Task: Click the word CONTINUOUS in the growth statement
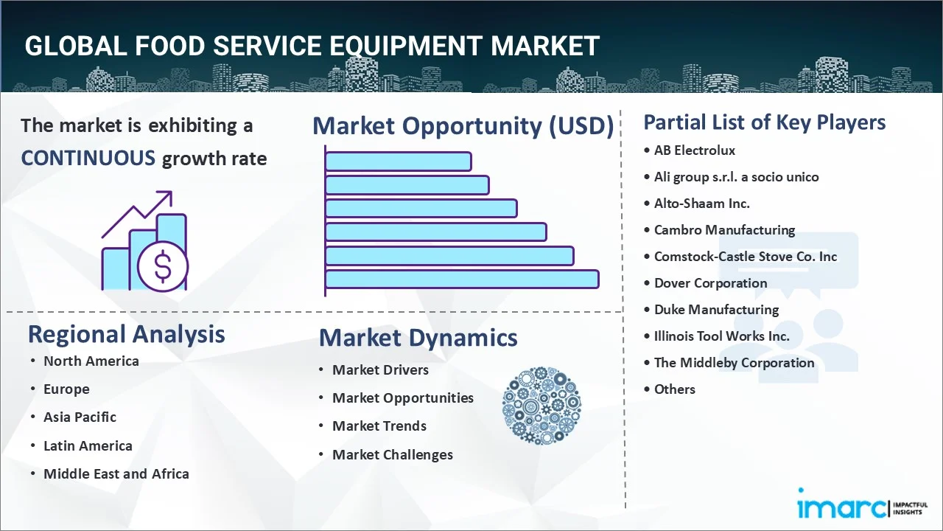(x=88, y=158)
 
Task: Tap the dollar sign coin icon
(x=163, y=268)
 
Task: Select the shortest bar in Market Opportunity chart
(x=398, y=161)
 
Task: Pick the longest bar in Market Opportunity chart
(x=462, y=279)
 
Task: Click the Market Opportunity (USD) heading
(x=463, y=126)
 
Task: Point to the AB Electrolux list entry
(x=695, y=150)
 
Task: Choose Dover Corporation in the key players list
(x=710, y=283)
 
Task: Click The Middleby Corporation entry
(x=734, y=363)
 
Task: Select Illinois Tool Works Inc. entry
(x=721, y=336)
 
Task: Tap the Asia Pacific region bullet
(x=80, y=417)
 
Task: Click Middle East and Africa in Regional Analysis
(x=116, y=474)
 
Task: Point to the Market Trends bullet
(x=379, y=426)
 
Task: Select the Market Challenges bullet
(x=392, y=455)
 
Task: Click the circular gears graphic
(x=541, y=406)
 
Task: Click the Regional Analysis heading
(x=126, y=334)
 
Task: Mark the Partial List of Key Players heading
(x=764, y=122)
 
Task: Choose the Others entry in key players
(x=674, y=389)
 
